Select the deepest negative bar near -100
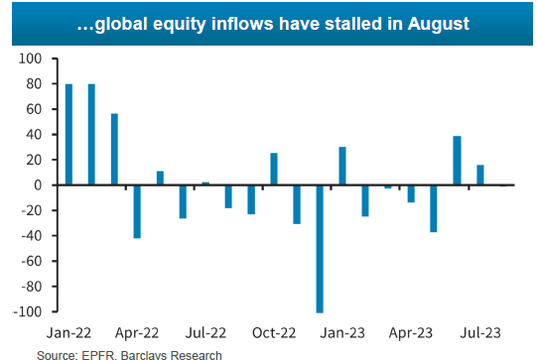tap(321, 249)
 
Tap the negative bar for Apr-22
tap(137, 211)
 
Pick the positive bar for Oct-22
tap(273, 170)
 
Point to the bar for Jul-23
tap(480, 176)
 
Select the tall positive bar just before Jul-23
tap(457, 161)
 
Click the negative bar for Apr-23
tap(411, 193)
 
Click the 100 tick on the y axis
tap(32, 60)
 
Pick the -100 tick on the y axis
tap(30, 311)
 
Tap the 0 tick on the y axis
tap(41, 185)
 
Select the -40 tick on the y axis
tap(33, 236)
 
